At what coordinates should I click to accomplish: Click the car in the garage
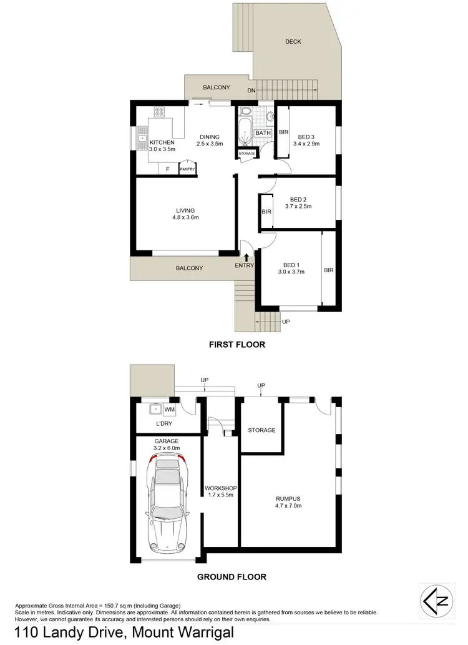(x=165, y=502)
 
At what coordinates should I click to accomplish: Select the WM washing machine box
(x=170, y=410)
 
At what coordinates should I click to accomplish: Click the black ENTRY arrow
(x=247, y=257)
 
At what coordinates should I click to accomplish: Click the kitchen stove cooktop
(x=159, y=113)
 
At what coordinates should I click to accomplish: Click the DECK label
(x=293, y=42)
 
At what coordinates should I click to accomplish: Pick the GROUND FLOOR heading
(x=232, y=577)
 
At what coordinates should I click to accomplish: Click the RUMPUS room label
(x=288, y=498)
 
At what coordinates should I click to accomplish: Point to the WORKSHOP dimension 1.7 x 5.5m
(x=219, y=496)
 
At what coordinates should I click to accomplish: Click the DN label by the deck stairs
(x=251, y=91)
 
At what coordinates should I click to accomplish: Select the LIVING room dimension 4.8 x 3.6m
(x=185, y=218)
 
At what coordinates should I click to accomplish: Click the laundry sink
(x=152, y=410)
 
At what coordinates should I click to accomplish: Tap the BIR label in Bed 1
(x=329, y=270)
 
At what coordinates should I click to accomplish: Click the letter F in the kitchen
(x=167, y=169)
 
